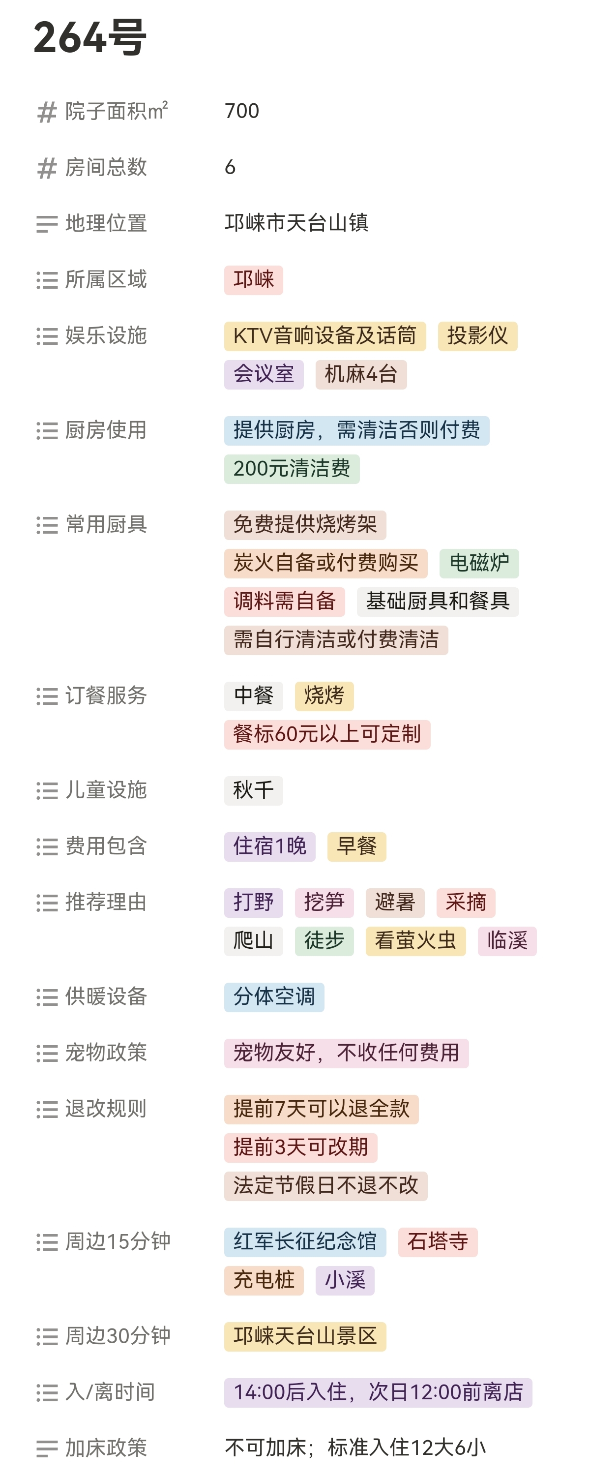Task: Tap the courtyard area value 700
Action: coord(242,111)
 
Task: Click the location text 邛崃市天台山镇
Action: coord(296,223)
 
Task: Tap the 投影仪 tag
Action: coord(477,335)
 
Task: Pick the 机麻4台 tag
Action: coord(361,374)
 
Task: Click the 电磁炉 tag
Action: coord(479,563)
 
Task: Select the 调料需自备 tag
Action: coord(284,602)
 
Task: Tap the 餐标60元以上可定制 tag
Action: coord(327,734)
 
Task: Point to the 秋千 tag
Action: coord(253,790)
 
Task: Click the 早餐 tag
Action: coord(356,846)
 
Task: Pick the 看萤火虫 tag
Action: coord(415,941)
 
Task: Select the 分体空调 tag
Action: coord(273,996)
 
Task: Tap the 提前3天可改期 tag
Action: coord(300,1147)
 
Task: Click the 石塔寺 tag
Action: coord(438,1241)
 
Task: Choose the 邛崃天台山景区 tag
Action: coord(304,1336)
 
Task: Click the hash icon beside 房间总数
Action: coord(47,168)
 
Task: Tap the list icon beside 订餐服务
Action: coord(47,696)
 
